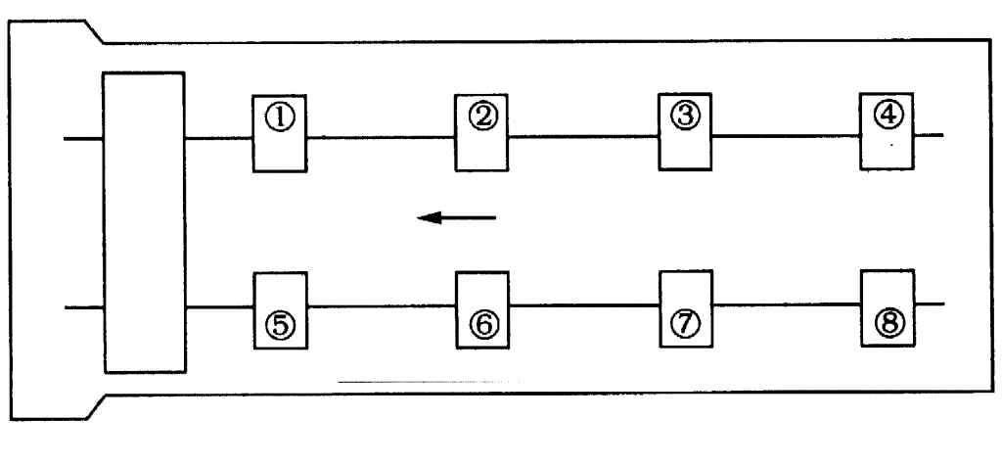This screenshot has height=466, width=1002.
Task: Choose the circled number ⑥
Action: pyautogui.click(x=481, y=323)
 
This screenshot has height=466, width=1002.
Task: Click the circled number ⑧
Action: pyautogui.click(x=887, y=321)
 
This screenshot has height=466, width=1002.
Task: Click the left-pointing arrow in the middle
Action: pyautogui.click(x=456, y=217)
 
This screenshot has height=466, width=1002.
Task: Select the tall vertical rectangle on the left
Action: pyautogui.click(x=144, y=222)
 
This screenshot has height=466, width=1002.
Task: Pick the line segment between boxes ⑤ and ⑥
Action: pyautogui.click(x=382, y=307)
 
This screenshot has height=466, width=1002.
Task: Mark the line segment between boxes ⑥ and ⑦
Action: pyautogui.click(x=583, y=305)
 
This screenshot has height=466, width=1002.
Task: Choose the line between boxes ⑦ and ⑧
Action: pyautogui.click(x=786, y=304)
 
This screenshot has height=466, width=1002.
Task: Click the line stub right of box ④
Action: pyautogui.click(x=929, y=135)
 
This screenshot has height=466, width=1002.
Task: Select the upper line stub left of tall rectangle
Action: pyautogui.click(x=83, y=138)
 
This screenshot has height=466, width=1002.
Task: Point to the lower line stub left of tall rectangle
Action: pyautogui.click(x=83, y=307)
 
